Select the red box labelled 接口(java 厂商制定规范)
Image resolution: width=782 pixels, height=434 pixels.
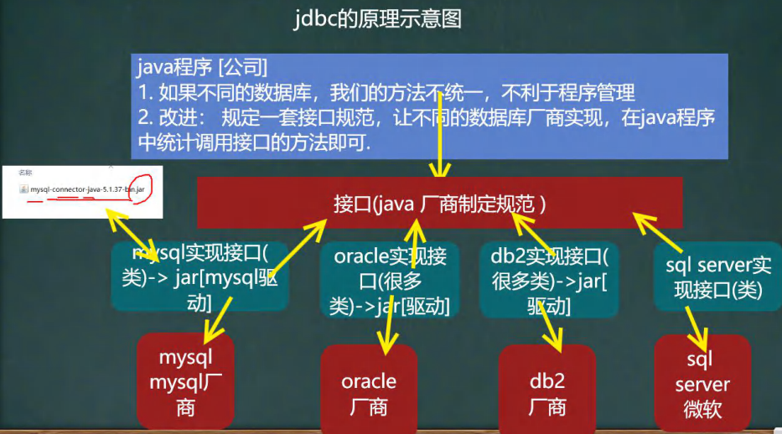coord(439,203)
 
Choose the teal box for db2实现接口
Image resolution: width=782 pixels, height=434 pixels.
coord(549,281)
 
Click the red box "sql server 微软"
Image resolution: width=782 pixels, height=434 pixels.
coord(702,385)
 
